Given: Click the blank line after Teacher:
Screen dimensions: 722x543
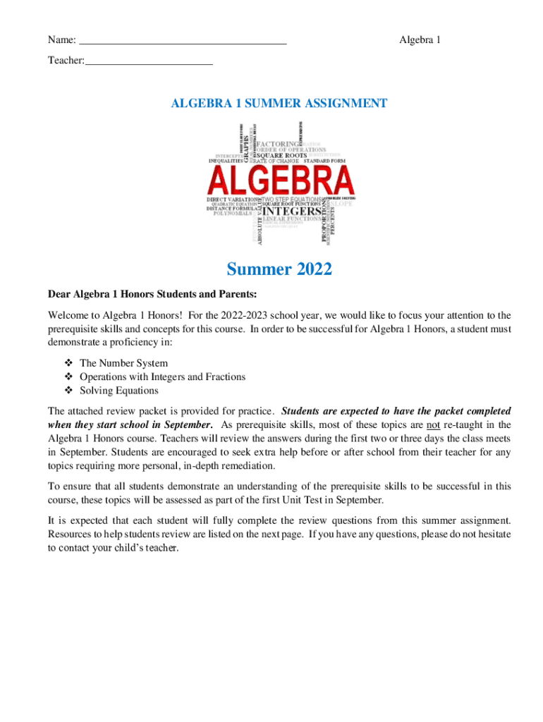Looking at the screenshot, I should point(148,62).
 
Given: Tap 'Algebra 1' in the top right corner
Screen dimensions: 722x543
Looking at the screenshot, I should point(420,39).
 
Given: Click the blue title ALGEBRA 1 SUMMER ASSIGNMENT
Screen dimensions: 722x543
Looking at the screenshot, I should point(279,104).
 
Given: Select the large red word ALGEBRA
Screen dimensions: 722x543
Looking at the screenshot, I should point(281,180).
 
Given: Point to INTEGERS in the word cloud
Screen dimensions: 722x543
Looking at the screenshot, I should point(291,210).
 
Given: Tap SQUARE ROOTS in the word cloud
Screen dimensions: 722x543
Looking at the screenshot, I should point(281,155).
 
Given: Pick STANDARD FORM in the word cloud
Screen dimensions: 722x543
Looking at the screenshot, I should point(329,161).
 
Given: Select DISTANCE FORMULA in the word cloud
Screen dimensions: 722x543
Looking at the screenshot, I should point(231,209).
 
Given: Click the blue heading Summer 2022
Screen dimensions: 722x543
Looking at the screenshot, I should point(279,269).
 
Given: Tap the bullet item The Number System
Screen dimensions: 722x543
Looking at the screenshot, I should point(123,363).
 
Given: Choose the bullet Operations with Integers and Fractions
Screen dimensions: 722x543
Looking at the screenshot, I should point(162,377).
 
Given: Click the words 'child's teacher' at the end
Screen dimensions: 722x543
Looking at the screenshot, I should point(147,548).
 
